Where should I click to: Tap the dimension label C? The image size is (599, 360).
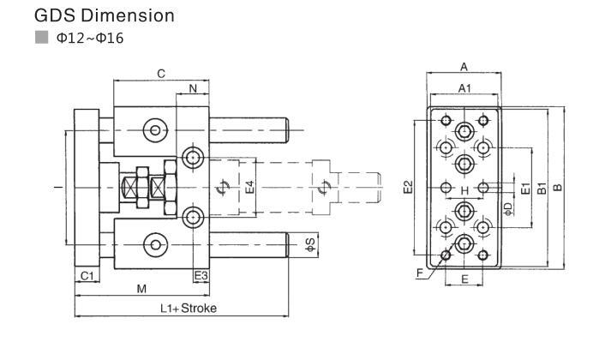160,74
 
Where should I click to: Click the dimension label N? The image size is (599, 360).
192,88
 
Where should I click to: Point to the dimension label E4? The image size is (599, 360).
249,187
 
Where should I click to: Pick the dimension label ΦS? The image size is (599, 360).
310,243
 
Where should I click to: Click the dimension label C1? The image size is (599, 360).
87,274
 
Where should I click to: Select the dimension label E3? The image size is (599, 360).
201,274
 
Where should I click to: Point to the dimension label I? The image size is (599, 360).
57,187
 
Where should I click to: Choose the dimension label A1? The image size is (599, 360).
464,88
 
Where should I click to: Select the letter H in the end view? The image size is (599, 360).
464,190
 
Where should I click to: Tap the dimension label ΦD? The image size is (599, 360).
508,208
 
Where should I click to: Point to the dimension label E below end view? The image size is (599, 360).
464,279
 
